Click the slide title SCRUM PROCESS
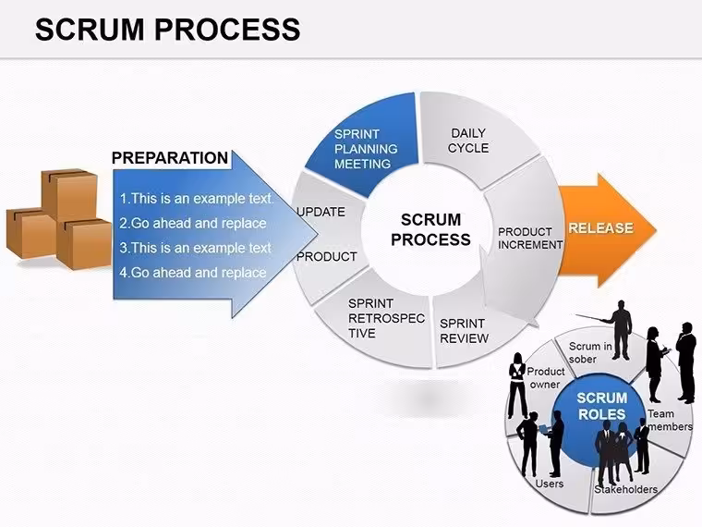click(x=167, y=30)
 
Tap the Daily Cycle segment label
click(x=468, y=141)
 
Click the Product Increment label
click(x=530, y=239)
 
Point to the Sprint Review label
click(x=464, y=331)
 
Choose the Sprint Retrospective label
click(x=386, y=318)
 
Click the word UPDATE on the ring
click(x=321, y=212)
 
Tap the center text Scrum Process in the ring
click(x=430, y=229)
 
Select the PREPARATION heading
click(x=170, y=158)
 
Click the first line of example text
click(x=196, y=199)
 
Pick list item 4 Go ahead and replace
click(x=192, y=273)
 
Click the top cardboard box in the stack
click(x=69, y=193)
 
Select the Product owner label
click(x=545, y=378)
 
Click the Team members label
click(x=670, y=420)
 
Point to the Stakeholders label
click(x=625, y=489)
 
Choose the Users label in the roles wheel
click(x=550, y=484)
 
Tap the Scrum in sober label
click(x=590, y=352)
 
